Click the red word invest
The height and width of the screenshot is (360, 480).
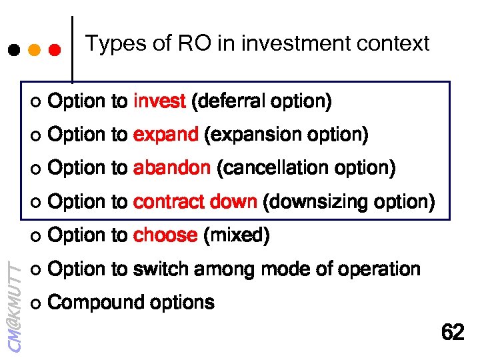[x=159, y=101]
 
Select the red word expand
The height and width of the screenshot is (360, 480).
[x=165, y=135]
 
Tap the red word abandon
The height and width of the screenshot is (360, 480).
[x=171, y=169]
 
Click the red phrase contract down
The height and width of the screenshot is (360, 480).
[x=195, y=202]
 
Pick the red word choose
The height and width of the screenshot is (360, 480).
[x=165, y=236]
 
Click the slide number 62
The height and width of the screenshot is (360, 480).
[x=453, y=332]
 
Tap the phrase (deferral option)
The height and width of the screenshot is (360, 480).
[x=261, y=101]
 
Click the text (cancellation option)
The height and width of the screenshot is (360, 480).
[x=306, y=169]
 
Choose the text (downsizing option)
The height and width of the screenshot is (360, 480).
[x=349, y=202]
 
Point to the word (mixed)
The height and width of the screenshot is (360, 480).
[x=236, y=236]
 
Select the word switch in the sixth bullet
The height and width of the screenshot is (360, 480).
[x=160, y=269]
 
